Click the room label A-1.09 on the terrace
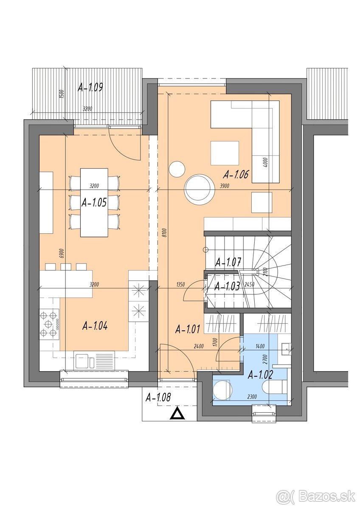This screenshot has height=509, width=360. (90, 88)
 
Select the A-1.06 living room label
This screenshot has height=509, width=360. (236, 174)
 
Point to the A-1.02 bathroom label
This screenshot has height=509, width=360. (260, 374)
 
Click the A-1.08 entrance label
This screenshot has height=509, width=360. (158, 397)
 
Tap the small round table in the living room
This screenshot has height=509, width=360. (177, 170)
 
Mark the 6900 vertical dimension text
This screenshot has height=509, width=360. (62, 253)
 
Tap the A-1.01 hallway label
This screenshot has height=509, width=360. (188, 329)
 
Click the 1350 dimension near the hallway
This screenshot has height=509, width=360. (180, 284)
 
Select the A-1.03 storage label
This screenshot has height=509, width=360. (227, 286)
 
